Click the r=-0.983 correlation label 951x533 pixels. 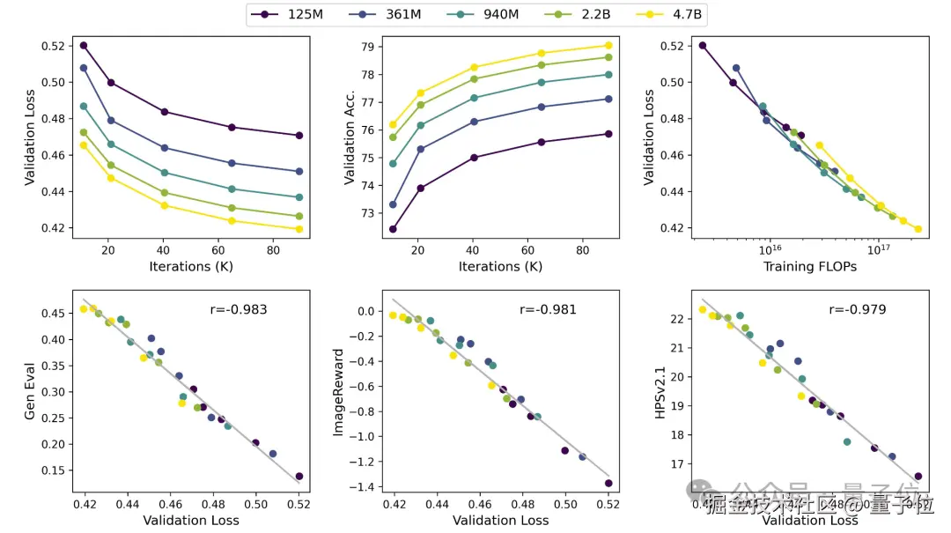(237, 309)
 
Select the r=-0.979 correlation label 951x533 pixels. (858, 309)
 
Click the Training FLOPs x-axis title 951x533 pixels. (809, 266)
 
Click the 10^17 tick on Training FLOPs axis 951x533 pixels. (878, 249)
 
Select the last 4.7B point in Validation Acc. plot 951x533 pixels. (608, 46)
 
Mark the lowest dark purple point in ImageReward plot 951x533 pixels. (608, 483)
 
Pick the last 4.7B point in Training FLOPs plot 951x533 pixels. (918, 229)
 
